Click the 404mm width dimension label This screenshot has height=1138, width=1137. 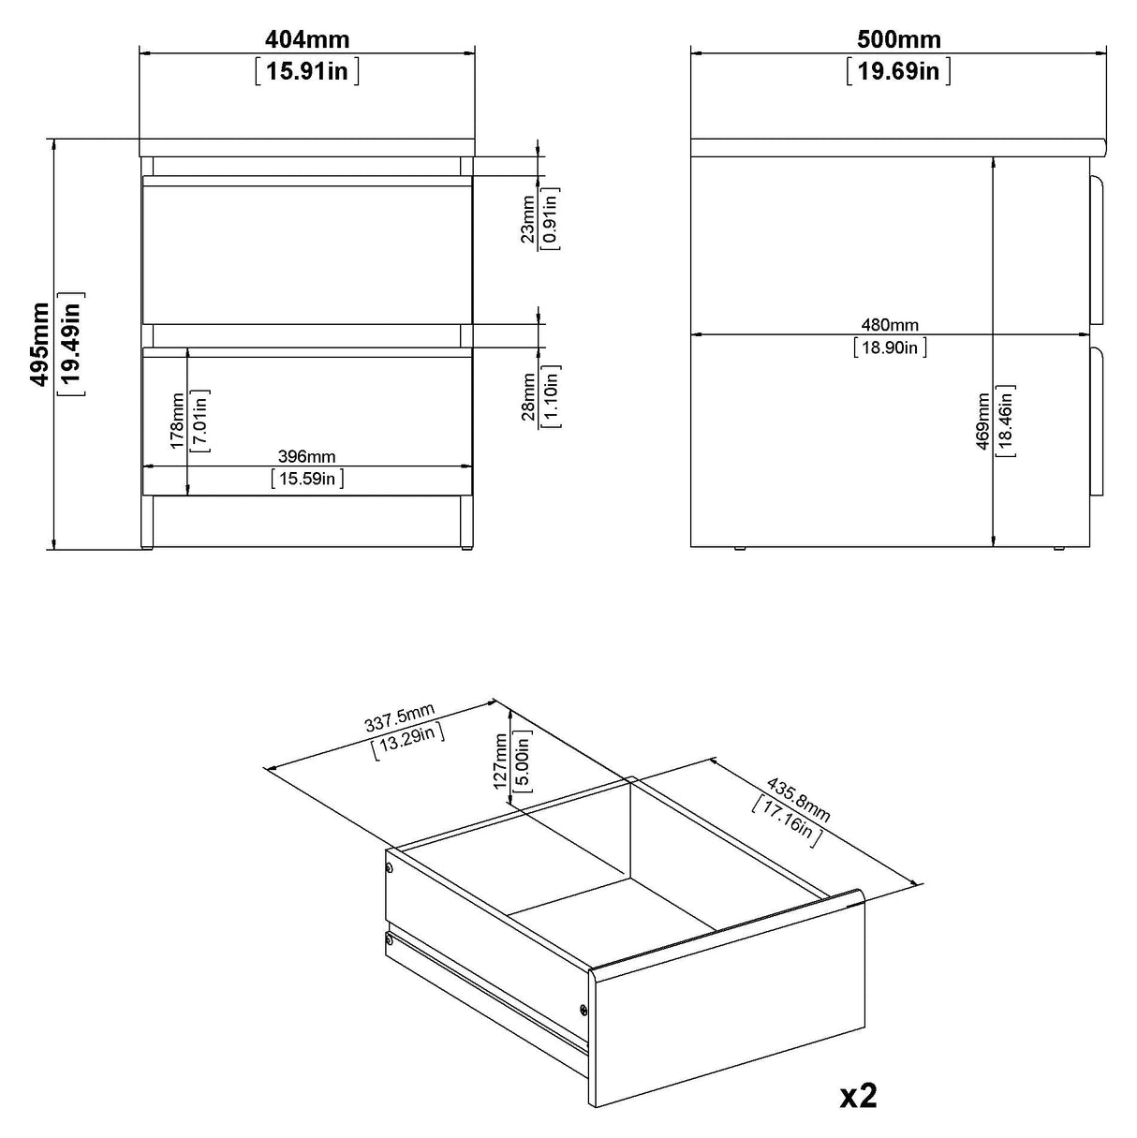pyautogui.click(x=307, y=39)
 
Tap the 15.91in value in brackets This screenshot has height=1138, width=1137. pyautogui.click(x=307, y=71)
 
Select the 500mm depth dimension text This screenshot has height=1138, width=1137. pyautogui.click(x=899, y=39)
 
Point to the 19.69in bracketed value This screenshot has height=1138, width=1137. pyautogui.click(x=899, y=71)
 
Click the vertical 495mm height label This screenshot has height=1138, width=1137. pyautogui.click(x=40, y=344)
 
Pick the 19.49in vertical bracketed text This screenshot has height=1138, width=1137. pyautogui.click(x=71, y=344)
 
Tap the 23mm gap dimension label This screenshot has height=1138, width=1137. pyautogui.click(x=529, y=219)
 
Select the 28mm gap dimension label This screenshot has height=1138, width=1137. pyautogui.click(x=529, y=396)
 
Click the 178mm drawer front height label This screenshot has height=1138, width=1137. pyautogui.click(x=178, y=421)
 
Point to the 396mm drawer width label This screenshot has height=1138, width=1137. pyautogui.click(x=307, y=457)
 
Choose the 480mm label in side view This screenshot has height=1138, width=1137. pyautogui.click(x=890, y=326)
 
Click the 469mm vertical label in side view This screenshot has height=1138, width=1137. pyautogui.click(x=982, y=420)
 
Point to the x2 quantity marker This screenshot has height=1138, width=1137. pyautogui.click(x=858, y=1095)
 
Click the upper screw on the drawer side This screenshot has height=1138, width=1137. pyautogui.click(x=390, y=869)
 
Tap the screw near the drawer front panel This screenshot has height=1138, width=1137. pyautogui.click(x=583, y=1009)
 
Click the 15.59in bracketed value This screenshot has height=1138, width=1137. pyautogui.click(x=307, y=480)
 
